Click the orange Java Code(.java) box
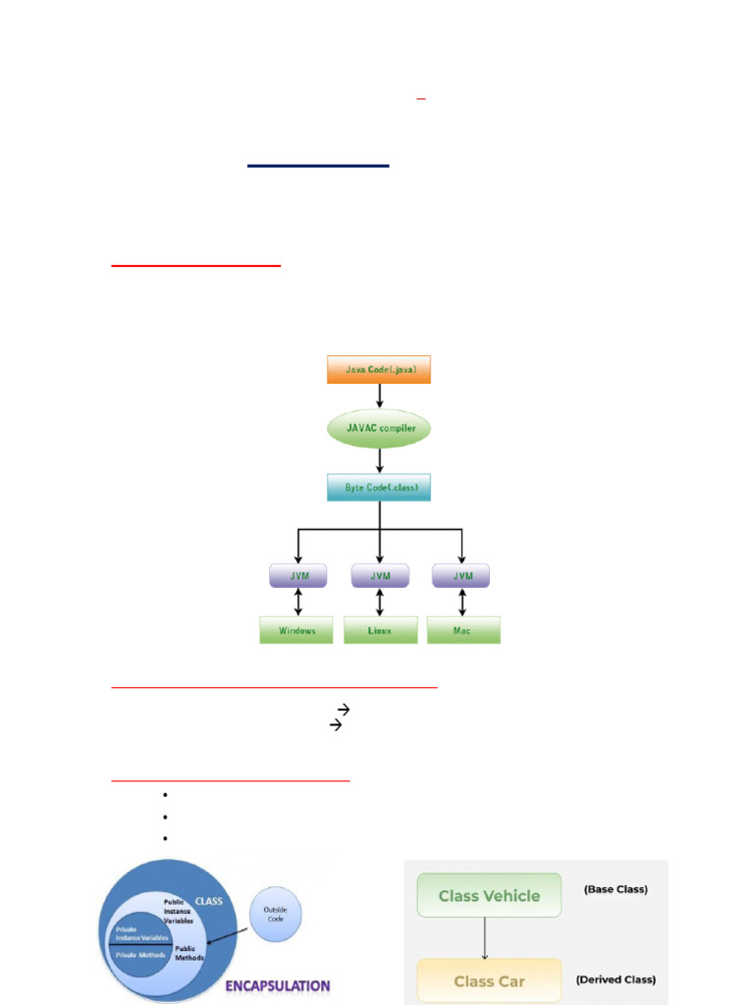[x=378, y=370]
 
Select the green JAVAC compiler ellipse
[x=379, y=429]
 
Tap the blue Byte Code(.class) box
[x=379, y=487]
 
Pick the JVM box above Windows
[x=297, y=575]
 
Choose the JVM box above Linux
[x=379, y=575]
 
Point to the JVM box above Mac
[x=460, y=575]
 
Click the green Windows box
[x=297, y=630]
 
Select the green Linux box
[x=379, y=630]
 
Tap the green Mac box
[x=463, y=630]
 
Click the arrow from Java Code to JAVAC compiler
[x=379, y=396]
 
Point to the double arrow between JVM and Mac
[x=461, y=602]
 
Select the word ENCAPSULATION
[x=277, y=985]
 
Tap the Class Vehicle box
[x=489, y=896]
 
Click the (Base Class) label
[x=616, y=890]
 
